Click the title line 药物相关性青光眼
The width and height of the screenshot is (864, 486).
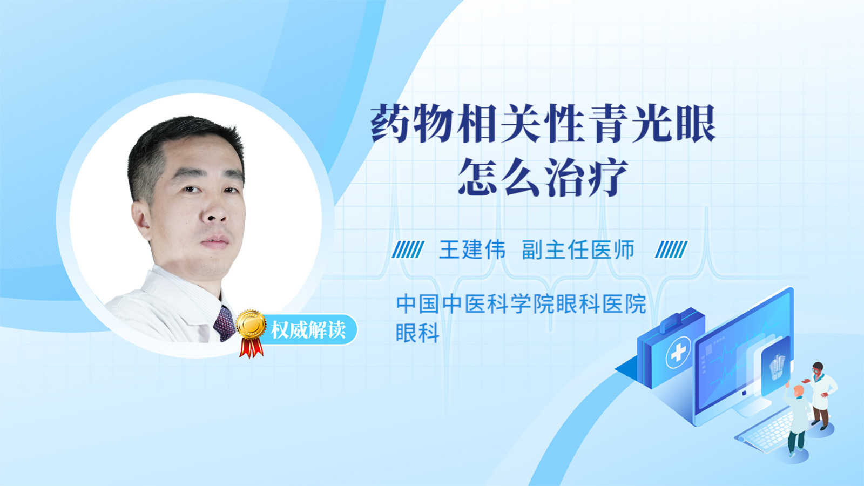(x=543, y=123)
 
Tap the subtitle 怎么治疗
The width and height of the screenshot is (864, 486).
(x=543, y=177)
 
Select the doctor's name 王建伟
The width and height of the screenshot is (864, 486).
(x=472, y=249)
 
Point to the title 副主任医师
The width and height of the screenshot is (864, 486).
(x=578, y=249)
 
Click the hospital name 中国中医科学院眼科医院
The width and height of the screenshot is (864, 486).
(x=521, y=304)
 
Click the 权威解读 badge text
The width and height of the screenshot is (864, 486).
(x=308, y=330)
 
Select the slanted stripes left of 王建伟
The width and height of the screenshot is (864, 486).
(x=408, y=249)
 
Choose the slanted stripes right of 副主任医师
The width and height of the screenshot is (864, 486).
(x=671, y=249)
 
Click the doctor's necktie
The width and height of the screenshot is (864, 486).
(x=225, y=323)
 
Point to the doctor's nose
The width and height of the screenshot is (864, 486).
(x=215, y=211)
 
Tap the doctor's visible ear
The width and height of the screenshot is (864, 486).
(x=141, y=220)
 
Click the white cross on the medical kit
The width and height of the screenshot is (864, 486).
(x=678, y=352)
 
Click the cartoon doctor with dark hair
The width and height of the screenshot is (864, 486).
(x=821, y=395)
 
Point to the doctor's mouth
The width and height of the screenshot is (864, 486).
(x=215, y=242)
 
